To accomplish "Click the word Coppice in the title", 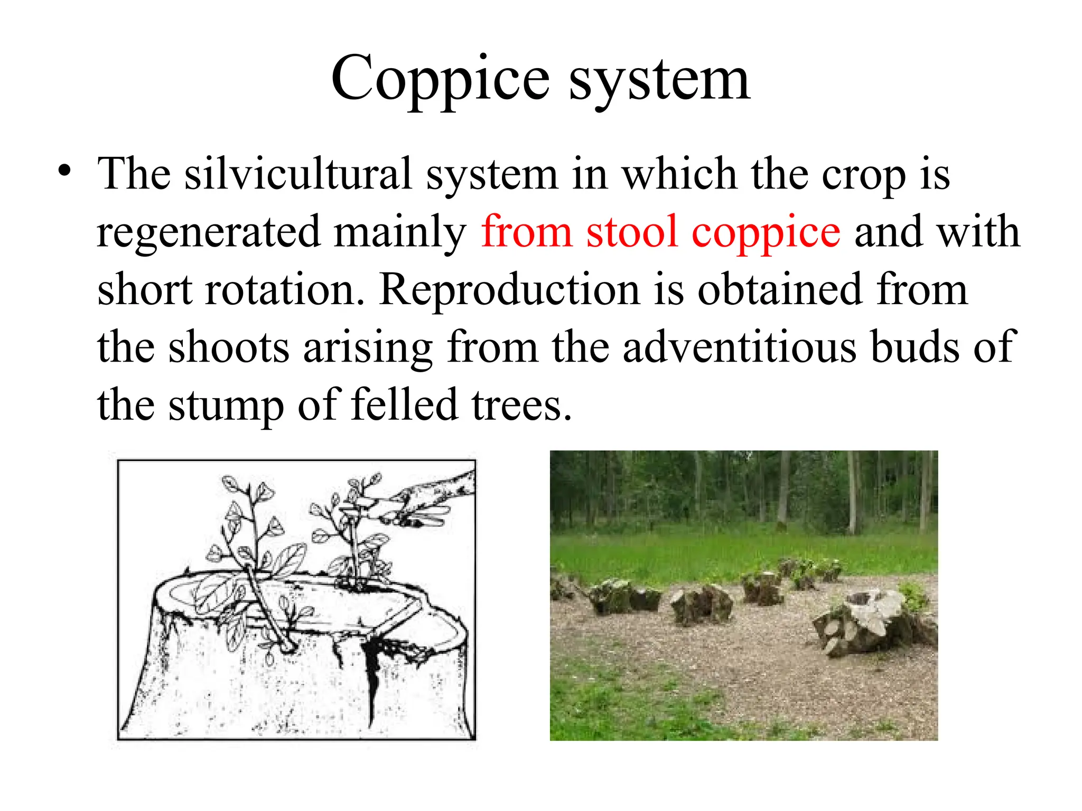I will click(441, 79).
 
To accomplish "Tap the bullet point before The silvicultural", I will click(64, 171).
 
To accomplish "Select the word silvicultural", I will click(298, 174).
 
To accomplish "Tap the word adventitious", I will click(739, 347).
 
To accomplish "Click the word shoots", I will click(229, 347).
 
